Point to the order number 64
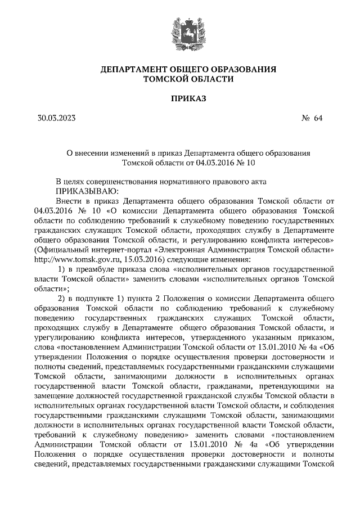pyautogui.click(x=318, y=118)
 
